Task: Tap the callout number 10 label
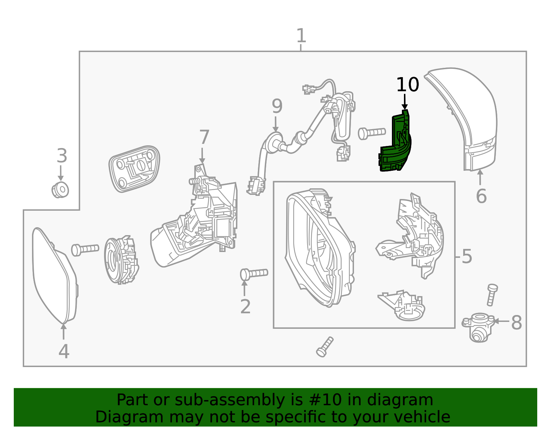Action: tap(407, 85)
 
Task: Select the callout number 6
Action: tap(481, 196)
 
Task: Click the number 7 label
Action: tap(204, 137)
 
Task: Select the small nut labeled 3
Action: tap(61, 190)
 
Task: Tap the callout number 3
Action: tap(62, 156)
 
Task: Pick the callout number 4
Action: tap(64, 352)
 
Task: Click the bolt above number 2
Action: tap(254, 274)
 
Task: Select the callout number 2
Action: tap(245, 306)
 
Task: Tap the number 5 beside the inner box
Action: tap(467, 256)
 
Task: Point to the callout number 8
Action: tap(516, 323)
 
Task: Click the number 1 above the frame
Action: tap(301, 36)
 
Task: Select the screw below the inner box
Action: tap(325, 347)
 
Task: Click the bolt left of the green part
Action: tap(371, 133)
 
